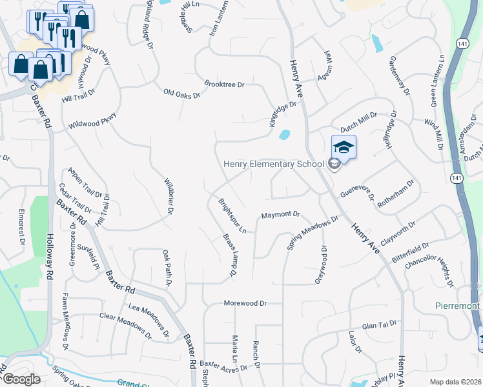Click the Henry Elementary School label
coord(273,164)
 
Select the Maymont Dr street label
coord(281,214)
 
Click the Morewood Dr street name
coord(245,303)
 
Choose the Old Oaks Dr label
coord(181,94)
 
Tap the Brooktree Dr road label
coord(224,84)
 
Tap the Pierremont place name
coord(457,305)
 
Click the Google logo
coord(21,379)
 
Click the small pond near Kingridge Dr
coord(284,135)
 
